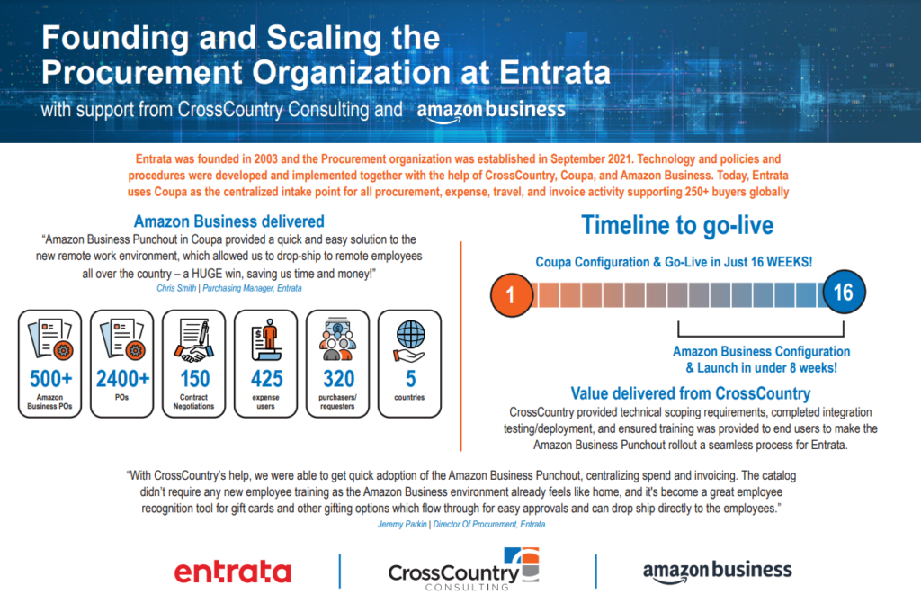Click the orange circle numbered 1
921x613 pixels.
[x=511, y=294]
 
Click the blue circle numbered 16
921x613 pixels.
[x=844, y=293]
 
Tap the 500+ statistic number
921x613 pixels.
[x=51, y=378]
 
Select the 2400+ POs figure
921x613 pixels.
[x=122, y=378]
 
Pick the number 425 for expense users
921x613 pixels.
[x=266, y=378]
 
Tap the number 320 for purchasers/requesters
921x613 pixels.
[x=338, y=378]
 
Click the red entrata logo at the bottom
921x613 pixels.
[x=233, y=572]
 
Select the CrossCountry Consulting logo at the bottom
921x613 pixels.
[x=463, y=570]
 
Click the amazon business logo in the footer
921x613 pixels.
[x=717, y=572]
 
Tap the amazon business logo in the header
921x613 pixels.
[x=491, y=111]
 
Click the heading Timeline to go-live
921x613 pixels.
[x=677, y=225]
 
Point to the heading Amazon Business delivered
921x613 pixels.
[x=229, y=221]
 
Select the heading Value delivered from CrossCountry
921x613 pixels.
[x=691, y=393]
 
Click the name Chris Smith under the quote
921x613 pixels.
[x=176, y=288]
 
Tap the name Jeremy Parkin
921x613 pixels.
[x=402, y=524]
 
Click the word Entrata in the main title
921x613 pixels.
[x=555, y=73]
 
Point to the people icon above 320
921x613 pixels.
[x=338, y=339]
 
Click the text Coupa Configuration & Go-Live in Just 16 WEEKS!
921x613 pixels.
[x=674, y=262]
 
